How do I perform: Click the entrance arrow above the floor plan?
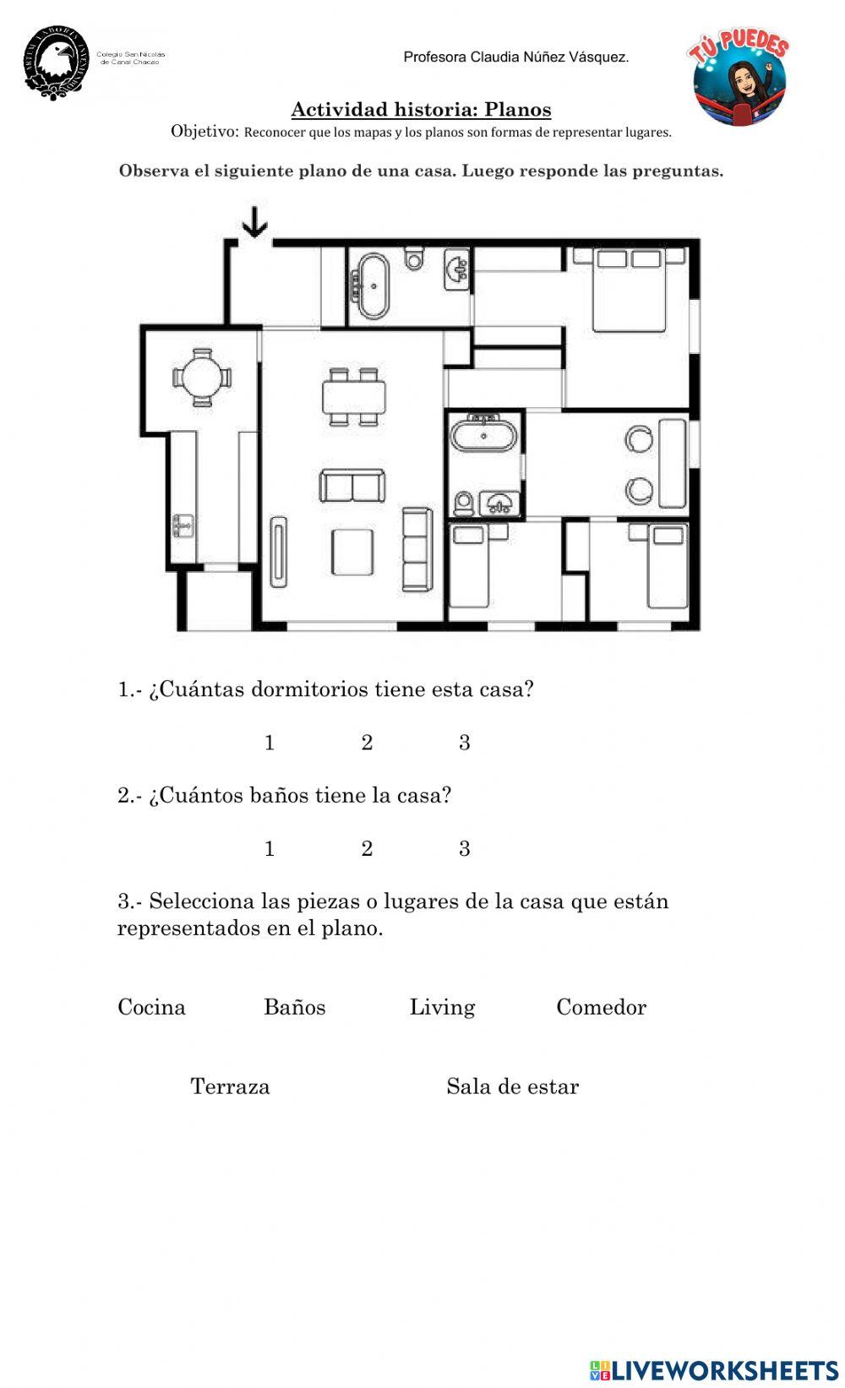coord(254,223)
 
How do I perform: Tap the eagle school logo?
coord(57,62)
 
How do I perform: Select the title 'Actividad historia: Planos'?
coord(421,110)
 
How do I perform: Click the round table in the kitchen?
coord(202,378)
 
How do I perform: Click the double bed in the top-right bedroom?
coord(630,289)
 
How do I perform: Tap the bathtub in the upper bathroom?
coord(373,286)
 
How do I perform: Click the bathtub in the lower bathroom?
coord(483,436)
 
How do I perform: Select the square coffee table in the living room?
coord(352,552)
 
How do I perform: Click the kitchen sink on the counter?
coord(183,525)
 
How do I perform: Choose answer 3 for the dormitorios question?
coord(464,743)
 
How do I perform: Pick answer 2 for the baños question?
coord(367,848)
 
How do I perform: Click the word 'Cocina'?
coord(151,1007)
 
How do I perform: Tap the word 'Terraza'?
coord(230,1086)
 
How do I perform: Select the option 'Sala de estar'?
coord(512,1086)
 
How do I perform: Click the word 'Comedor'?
coord(601,1007)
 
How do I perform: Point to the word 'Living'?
coord(442,1007)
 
